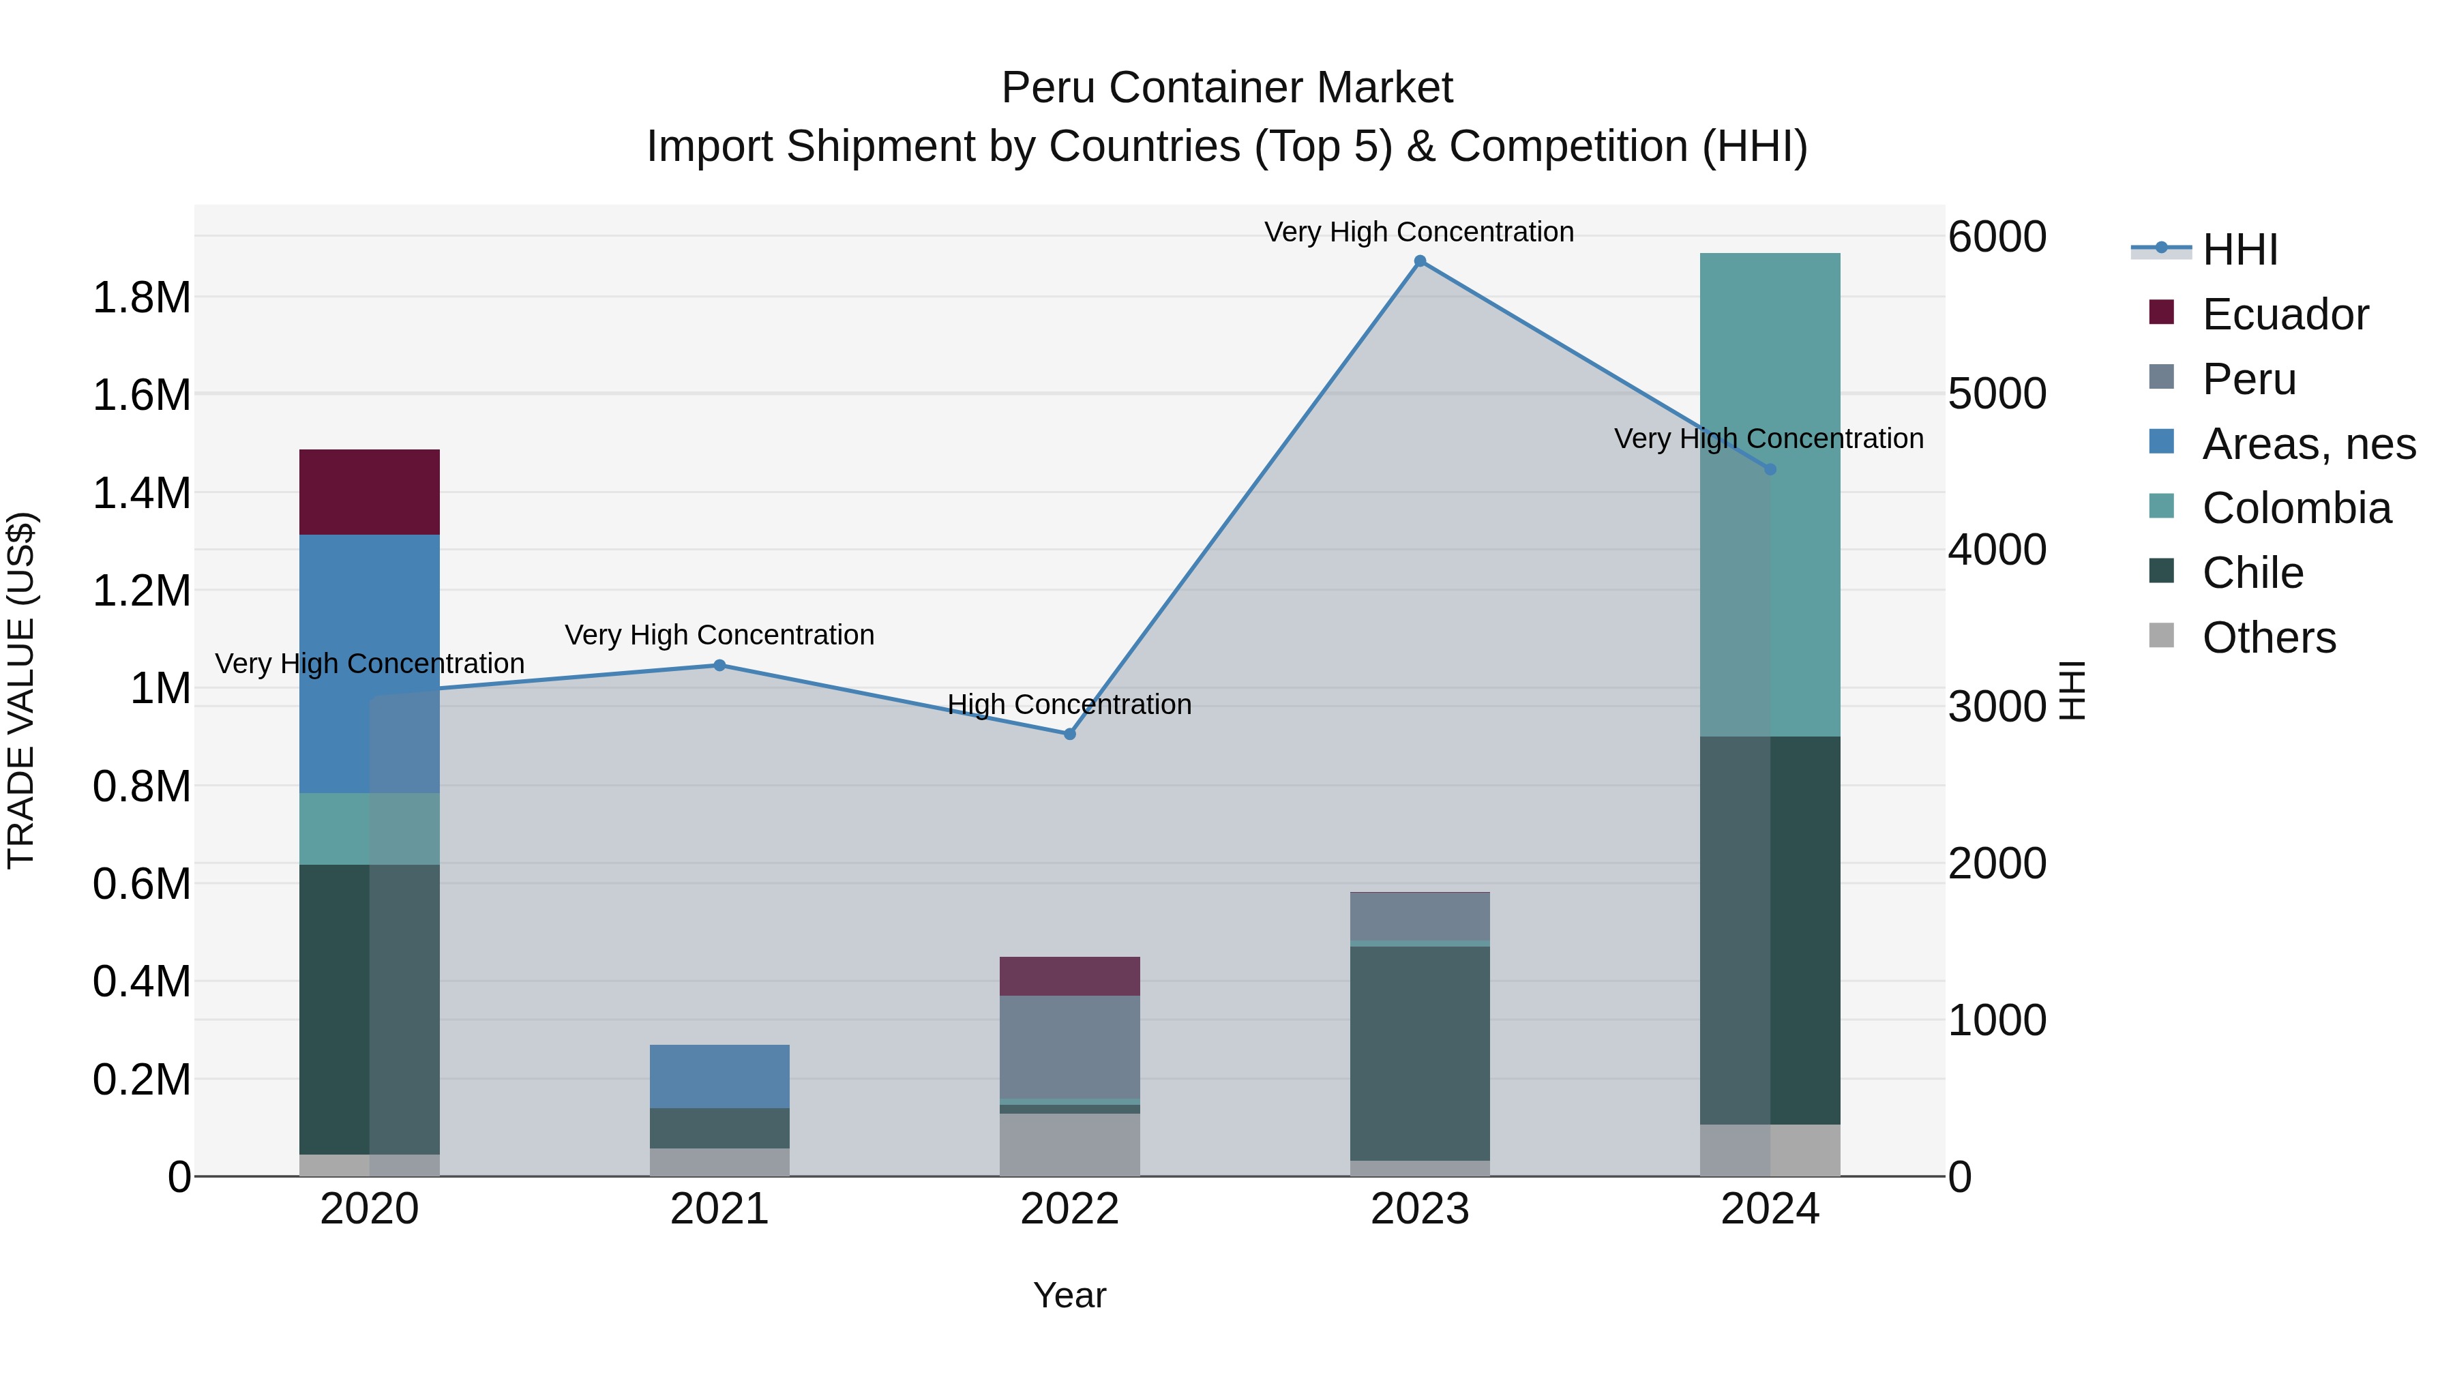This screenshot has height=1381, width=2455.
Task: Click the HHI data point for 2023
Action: [1419, 261]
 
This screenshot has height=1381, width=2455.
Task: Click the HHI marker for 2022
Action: [1069, 734]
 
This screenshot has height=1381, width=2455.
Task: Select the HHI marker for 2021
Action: [719, 665]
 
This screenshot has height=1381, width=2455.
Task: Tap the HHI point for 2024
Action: [1770, 469]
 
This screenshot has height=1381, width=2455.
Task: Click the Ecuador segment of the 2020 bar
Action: [369, 492]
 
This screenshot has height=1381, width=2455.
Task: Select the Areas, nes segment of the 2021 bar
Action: [719, 1076]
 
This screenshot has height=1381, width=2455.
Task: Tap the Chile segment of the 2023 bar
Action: [1419, 1052]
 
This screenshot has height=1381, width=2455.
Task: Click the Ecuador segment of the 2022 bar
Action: [1069, 976]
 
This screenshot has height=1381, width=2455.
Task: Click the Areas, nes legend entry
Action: [2307, 444]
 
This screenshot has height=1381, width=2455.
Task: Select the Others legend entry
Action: [2268, 638]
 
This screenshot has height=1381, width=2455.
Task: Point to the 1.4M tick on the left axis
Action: [141, 494]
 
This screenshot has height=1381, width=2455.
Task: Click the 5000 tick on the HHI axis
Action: [1997, 393]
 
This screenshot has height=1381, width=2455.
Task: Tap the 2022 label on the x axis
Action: [1069, 1209]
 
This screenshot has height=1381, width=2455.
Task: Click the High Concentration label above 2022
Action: [1069, 704]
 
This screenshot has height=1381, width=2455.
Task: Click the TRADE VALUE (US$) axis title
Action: [22, 690]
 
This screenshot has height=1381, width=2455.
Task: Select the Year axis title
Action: [1069, 1295]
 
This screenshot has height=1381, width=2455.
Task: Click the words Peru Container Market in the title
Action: [1227, 88]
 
